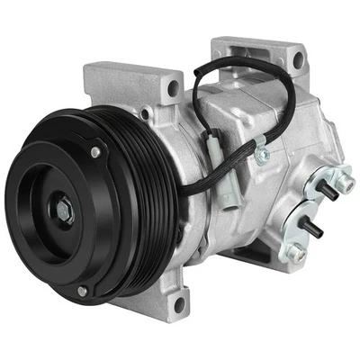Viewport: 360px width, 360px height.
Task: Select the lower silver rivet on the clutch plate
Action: pyautogui.click(x=82, y=291)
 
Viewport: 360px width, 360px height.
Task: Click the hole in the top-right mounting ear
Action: pyautogui.click(x=296, y=59)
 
